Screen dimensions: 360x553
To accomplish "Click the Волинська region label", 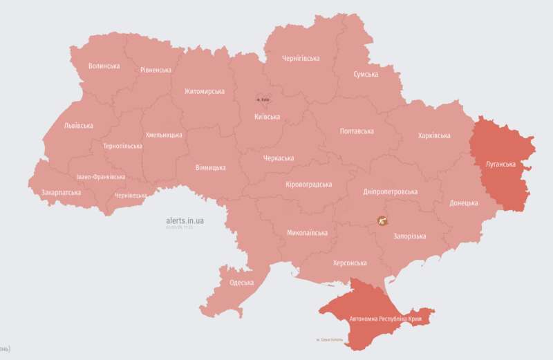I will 104,66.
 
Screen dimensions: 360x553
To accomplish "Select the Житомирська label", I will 205,91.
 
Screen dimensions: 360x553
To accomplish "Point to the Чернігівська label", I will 301,59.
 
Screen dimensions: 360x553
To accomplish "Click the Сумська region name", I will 365,74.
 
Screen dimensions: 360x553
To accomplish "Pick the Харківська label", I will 434,135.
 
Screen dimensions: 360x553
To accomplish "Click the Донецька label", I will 463,203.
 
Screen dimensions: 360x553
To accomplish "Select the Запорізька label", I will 409,236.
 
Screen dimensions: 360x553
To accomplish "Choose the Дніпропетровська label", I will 391,191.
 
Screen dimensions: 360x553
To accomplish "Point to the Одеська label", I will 241,283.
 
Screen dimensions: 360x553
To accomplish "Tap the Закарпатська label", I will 61,192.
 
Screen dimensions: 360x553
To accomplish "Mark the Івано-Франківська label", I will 101,176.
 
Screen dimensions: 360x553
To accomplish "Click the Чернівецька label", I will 130,196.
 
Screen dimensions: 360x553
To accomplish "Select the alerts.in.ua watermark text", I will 185,220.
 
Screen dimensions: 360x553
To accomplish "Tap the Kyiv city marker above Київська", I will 263,99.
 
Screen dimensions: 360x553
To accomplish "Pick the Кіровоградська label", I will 308,184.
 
